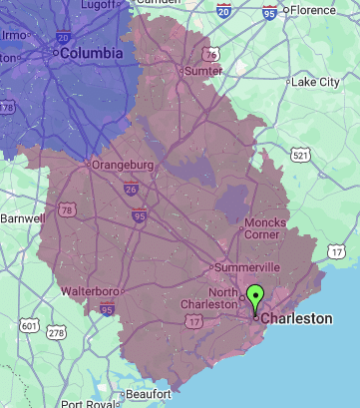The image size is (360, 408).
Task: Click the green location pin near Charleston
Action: pyautogui.click(x=255, y=298)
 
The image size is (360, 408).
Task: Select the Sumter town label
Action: pyautogui.click(x=202, y=71)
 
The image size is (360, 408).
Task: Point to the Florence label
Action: pyautogui.click(x=318, y=10)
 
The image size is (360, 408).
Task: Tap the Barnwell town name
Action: pyautogui.click(x=22, y=217)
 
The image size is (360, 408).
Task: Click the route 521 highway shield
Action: pyautogui.click(x=301, y=156)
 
